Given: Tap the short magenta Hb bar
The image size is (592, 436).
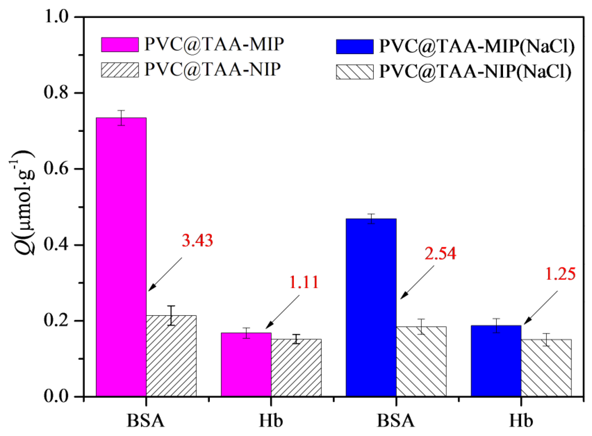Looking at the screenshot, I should click(246, 364).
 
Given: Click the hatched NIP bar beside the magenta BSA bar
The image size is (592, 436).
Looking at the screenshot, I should click(171, 356).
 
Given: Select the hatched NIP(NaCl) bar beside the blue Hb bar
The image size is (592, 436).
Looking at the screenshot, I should click(546, 368).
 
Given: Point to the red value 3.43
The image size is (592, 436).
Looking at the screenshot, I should click(197, 240).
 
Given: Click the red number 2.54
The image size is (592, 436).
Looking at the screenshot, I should click(440, 253).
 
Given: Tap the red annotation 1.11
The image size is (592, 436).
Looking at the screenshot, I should click(304, 282).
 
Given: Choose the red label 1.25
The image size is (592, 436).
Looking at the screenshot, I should click(560, 274).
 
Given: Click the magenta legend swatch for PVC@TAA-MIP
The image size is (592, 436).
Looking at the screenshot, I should click(120, 45).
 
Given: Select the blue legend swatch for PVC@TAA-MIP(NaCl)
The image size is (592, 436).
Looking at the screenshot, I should click(354, 47).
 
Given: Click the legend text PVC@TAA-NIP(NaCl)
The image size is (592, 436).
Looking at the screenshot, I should click(475, 72).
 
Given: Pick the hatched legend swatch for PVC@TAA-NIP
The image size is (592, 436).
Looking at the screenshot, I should click(120, 70).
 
